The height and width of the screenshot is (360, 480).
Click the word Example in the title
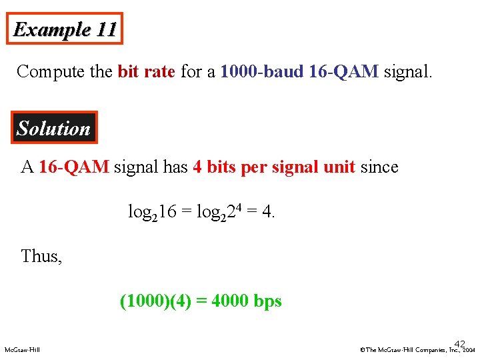point(51,30)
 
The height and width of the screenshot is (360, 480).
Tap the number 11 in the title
point(107,29)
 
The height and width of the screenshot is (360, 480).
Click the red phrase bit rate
point(146,71)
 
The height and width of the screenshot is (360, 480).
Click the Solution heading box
point(54,128)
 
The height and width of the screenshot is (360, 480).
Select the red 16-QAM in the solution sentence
point(73,167)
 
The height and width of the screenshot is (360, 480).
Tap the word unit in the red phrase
point(338,167)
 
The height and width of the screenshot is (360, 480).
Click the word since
point(379,167)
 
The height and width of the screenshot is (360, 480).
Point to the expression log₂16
point(152,212)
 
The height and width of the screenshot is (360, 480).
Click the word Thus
point(41,256)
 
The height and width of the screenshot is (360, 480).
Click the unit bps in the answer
point(268,302)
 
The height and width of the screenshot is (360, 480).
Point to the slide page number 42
point(459,343)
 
